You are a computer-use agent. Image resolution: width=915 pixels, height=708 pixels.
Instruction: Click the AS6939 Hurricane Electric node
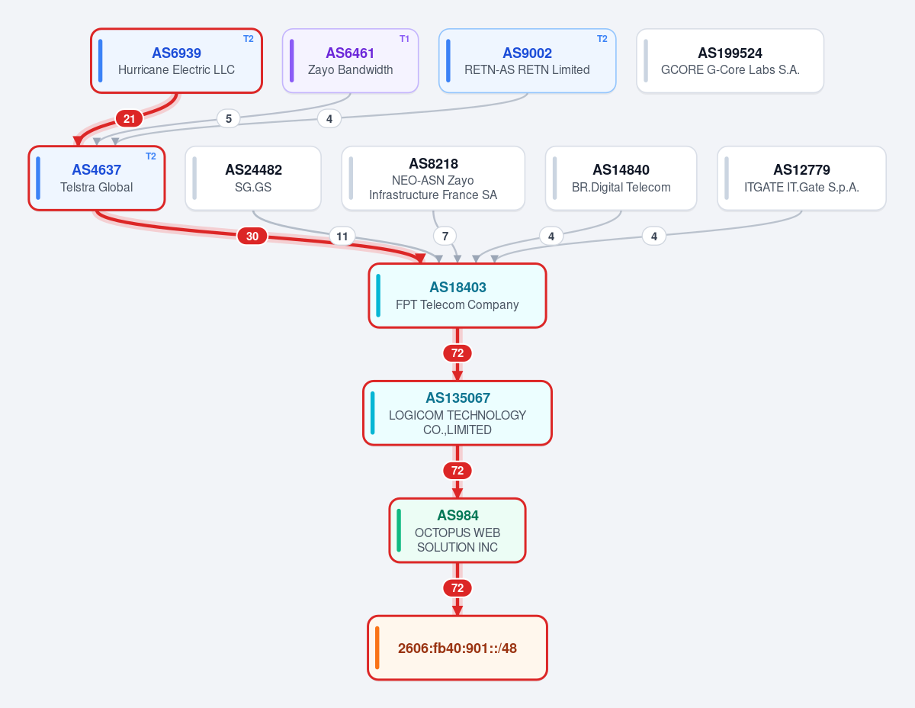176,60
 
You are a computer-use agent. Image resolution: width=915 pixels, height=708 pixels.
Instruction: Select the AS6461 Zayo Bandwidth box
350,60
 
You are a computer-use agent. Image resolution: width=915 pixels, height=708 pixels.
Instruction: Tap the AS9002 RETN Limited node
527,60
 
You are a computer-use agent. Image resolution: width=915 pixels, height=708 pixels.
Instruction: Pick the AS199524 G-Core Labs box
730,60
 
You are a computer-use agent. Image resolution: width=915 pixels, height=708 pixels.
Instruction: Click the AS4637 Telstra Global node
96,179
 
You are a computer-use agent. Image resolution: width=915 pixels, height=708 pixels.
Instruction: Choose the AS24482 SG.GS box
253,179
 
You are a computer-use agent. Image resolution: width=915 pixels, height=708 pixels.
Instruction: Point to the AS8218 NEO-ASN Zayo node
433,179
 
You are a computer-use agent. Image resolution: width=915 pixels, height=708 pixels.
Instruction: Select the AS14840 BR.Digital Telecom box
621,179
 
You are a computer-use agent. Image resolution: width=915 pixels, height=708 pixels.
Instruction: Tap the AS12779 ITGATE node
801,179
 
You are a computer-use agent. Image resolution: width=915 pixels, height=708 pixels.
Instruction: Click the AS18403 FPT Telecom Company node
457,296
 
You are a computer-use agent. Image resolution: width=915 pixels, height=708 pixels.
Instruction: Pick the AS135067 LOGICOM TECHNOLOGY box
457,414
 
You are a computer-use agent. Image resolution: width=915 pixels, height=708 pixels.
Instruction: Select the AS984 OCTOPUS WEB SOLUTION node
457,531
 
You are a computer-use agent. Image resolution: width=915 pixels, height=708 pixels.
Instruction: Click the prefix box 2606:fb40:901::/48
457,648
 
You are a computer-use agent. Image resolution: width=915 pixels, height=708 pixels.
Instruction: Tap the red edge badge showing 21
130,119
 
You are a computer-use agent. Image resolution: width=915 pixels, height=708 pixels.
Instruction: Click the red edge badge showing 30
252,236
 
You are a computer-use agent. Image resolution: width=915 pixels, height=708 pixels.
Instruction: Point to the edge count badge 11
342,236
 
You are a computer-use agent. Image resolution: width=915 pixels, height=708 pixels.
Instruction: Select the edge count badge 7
445,236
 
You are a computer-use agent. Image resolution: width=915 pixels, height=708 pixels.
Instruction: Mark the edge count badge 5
228,119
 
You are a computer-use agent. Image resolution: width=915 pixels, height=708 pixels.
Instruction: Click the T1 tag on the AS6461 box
404,39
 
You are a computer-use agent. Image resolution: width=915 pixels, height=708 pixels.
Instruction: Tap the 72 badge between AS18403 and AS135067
457,353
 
